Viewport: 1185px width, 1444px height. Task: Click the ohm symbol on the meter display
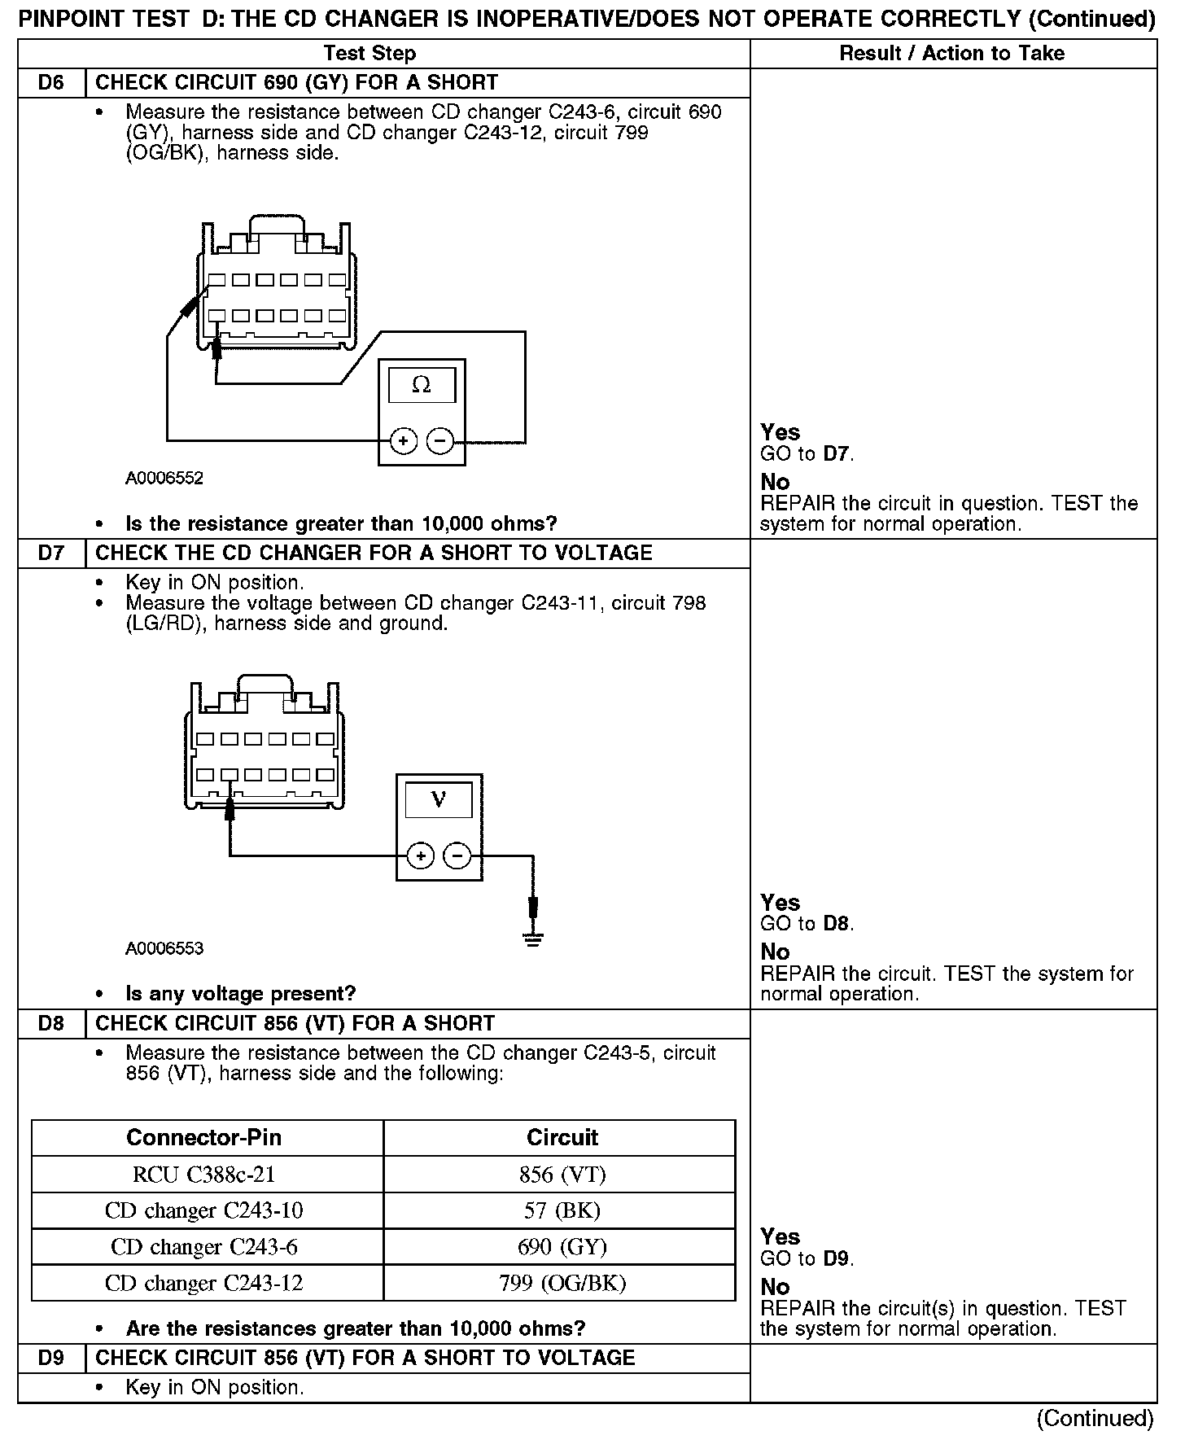pyautogui.click(x=422, y=384)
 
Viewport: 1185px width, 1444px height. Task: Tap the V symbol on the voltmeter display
pyautogui.click(x=439, y=799)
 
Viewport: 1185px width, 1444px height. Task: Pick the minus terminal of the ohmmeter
pyautogui.click(x=440, y=441)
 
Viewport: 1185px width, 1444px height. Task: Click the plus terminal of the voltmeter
pyautogui.click(x=421, y=855)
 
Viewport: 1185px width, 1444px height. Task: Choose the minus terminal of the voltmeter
pyautogui.click(x=457, y=855)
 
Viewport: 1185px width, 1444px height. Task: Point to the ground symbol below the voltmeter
pyautogui.click(x=533, y=939)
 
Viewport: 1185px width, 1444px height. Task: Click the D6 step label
pyautogui.click(x=51, y=82)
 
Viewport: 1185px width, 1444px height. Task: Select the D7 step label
pyautogui.click(x=51, y=554)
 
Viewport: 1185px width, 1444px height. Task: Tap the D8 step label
pyautogui.click(x=51, y=1023)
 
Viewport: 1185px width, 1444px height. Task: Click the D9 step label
pyautogui.click(x=51, y=1358)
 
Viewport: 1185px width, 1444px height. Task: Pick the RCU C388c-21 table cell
pyautogui.click(x=204, y=1175)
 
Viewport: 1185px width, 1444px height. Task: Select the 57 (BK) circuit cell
pyautogui.click(x=562, y=1210)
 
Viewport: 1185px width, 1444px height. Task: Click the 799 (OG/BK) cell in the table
pyautogui.click(x=562, y=1284)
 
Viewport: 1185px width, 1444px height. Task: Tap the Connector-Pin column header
pyautogui.click(x=204, y=1137)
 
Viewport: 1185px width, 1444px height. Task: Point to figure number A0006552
pyautogui.click(x=164, y=478)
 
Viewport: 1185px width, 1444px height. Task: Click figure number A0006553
pyautogui.click(x=164, y=948)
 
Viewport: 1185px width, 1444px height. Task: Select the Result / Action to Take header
pyautogui.click(x=952, y=54)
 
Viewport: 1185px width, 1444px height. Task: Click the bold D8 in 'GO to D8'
pyautogui.click(x=837, y=924)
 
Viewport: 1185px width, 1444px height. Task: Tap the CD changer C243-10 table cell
pyautogui.click(x=204, y=1210)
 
